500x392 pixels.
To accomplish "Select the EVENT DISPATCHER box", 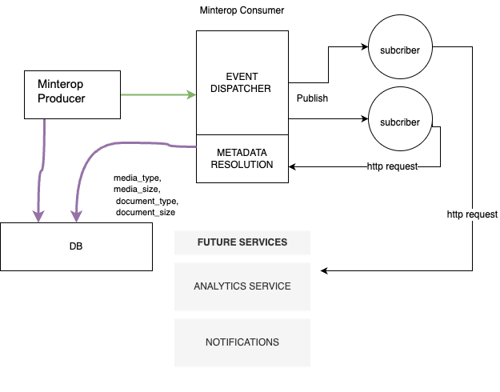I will click(x=242, y=82).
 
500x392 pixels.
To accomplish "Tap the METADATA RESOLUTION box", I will click(x=242, y=158).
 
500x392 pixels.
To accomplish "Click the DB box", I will click(x=76, y=246).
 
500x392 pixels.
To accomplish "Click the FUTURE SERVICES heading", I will click(x=242, y=242).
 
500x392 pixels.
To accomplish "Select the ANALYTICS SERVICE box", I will click(x=242, y=286).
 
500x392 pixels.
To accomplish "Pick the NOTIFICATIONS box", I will click(x=242, y=342).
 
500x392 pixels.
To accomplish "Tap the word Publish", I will click(x=312, y=98).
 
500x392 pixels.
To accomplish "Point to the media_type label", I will click(x=138, y=177).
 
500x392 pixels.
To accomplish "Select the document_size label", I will click(x=146, y=213).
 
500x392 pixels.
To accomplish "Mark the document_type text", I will click(x=147, y=201).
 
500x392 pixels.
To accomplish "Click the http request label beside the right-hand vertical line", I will click(x=472, y=214).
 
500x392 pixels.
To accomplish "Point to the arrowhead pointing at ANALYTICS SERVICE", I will click(x=325, y=270).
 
